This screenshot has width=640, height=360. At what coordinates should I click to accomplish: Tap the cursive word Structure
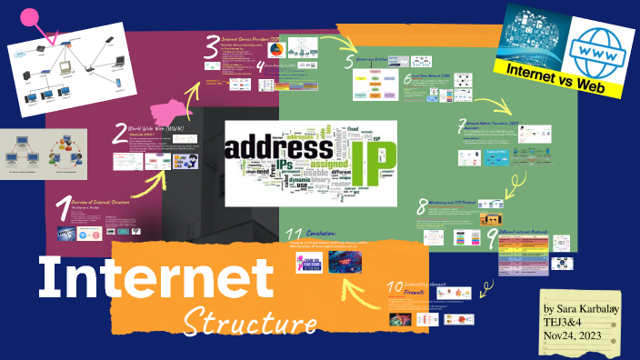point(249,321)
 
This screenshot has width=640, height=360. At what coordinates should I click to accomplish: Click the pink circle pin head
point(30,16)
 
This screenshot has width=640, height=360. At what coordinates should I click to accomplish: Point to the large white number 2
point(120,135)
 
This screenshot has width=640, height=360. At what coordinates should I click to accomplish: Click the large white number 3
point(212,44)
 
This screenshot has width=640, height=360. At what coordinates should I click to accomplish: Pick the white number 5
point(349,62)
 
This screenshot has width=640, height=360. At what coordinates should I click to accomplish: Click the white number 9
point(492,238)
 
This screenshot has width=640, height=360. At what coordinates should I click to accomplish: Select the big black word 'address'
point(277,149)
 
